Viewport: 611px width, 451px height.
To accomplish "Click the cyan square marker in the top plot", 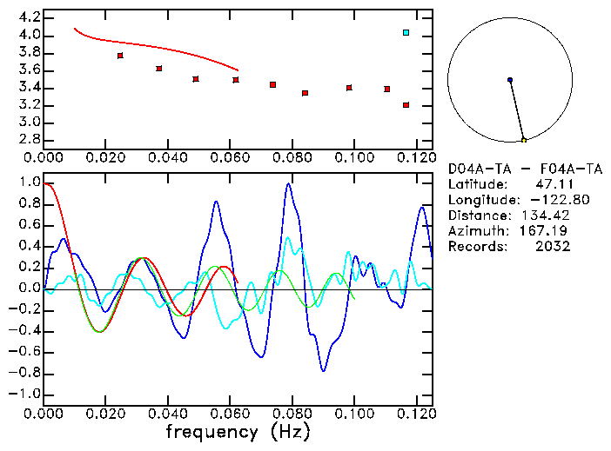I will (x=406, y=33).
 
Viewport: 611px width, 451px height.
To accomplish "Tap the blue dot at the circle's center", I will (x=509, y=80).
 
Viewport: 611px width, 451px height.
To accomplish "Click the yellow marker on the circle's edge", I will (x=523, y=140).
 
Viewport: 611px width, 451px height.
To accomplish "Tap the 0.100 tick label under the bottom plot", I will (x=354, y=413).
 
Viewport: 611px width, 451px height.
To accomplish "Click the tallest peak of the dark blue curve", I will (x=288, y=183).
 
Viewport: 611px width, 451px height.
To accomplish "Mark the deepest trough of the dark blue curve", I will (x=324, y=371).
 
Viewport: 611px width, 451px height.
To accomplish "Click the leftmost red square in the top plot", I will (x=120, y=56).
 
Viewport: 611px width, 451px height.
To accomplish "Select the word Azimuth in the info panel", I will (x=473, y=231).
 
